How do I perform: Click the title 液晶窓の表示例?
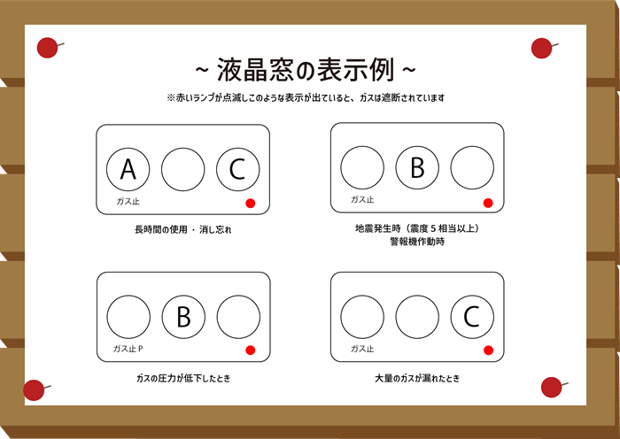306,70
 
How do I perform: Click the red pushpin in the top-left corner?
48,48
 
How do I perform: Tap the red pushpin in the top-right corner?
542,48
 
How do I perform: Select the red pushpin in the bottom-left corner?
35,390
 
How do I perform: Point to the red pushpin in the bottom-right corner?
553,387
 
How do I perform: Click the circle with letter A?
128,170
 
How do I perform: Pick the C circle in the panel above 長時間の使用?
238,170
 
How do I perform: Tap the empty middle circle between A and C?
183,170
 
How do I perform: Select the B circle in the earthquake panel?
417,167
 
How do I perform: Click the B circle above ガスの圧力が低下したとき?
183,317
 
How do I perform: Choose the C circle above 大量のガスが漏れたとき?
472,317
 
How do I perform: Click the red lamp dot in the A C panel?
251,203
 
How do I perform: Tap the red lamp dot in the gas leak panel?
488,350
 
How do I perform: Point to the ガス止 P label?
128,349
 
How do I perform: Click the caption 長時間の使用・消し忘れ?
183,229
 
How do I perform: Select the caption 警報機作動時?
417,242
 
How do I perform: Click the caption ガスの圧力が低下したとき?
183,379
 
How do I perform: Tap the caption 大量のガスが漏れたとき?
417,379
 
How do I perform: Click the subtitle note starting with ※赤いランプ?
306,97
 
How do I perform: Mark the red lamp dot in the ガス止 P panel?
251,350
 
